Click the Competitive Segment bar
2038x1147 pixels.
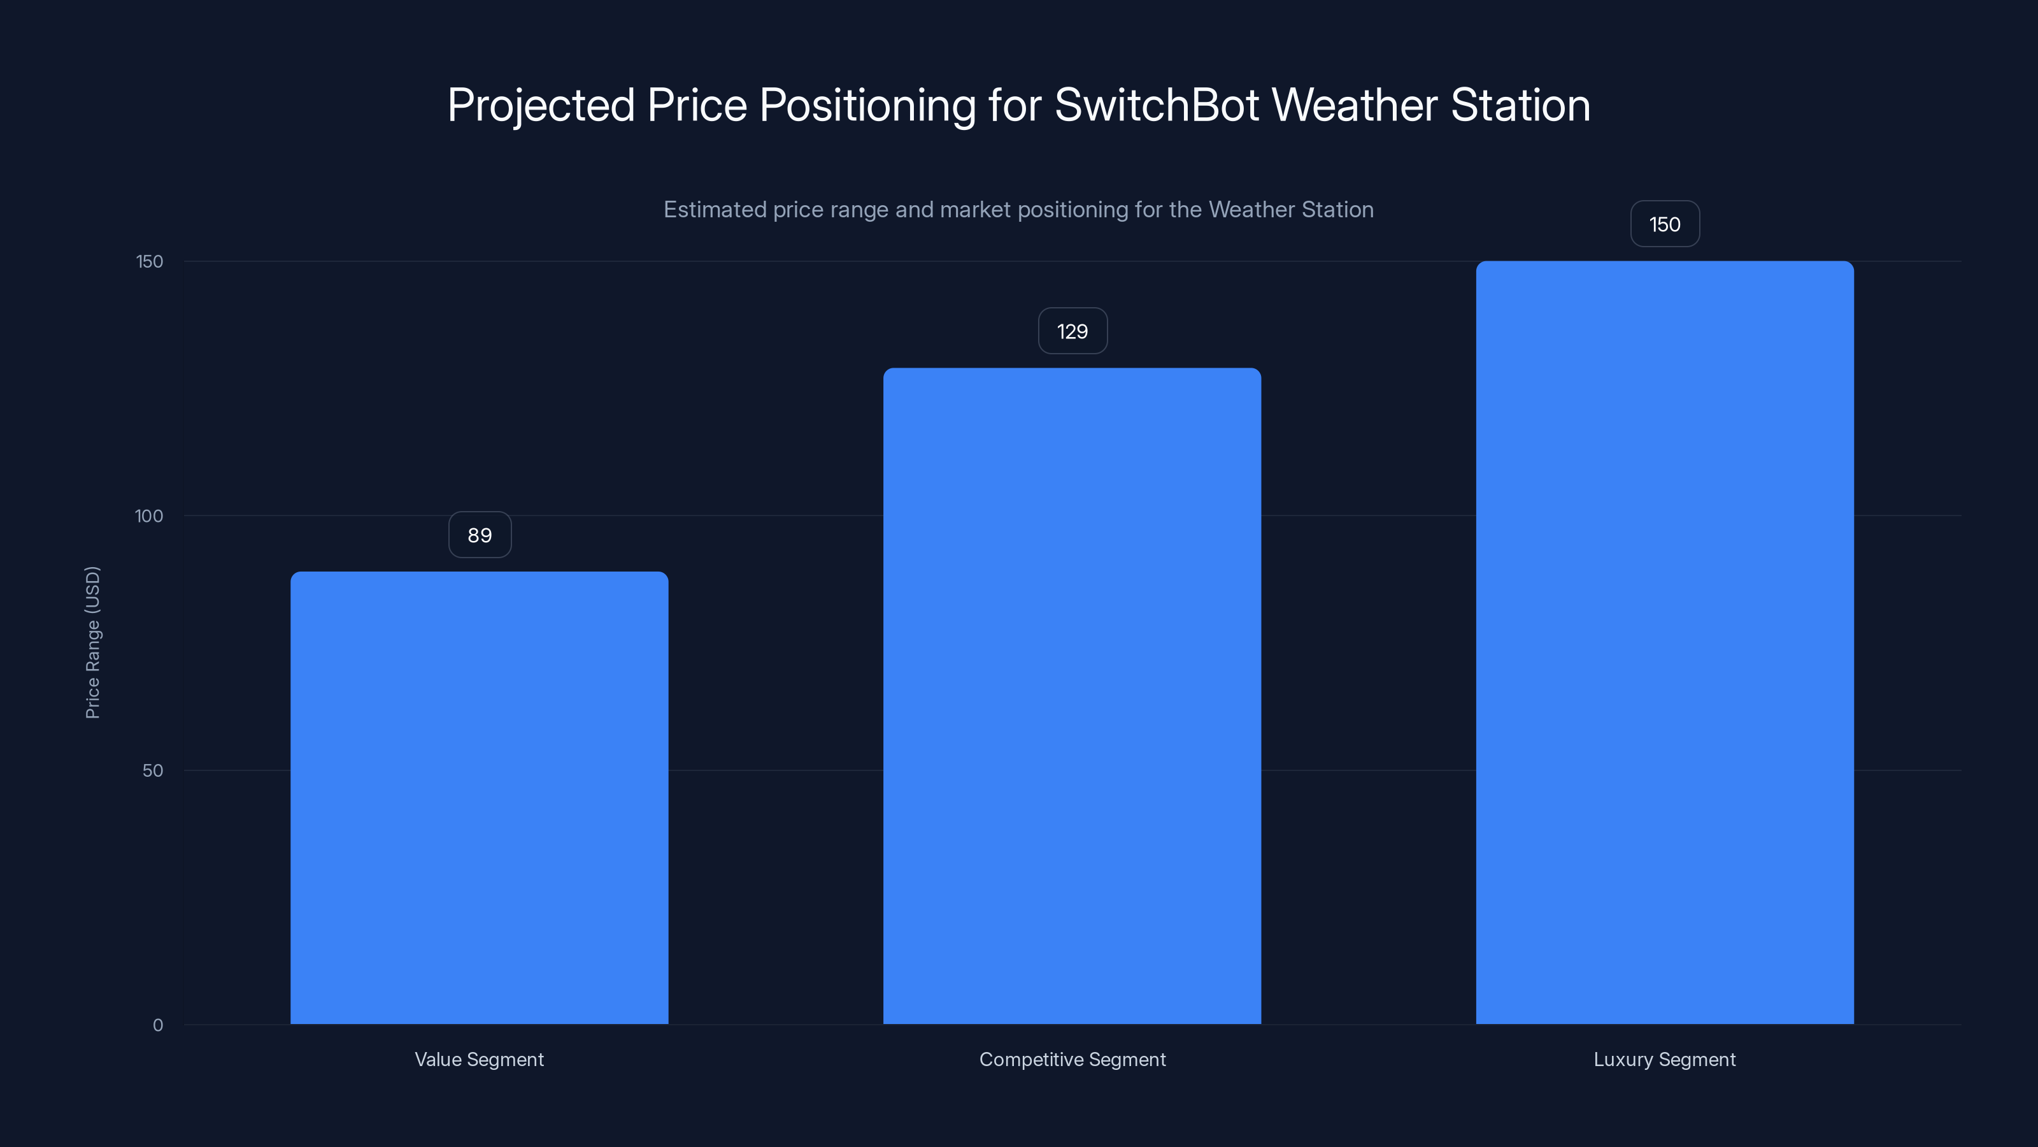coord(1072,696)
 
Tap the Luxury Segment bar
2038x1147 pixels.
coord(1665,642)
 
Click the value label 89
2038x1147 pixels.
coord(480,535)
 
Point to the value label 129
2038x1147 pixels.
coord(1072,331)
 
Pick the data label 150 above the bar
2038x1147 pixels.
coord(1665,224)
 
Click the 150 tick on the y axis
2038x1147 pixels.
coord(150,261)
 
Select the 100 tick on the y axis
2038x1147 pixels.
coord(149,516)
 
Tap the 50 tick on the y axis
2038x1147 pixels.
coord(153,770)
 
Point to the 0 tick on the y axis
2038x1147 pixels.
coord(157,1025)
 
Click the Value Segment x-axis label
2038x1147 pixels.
coord(479,1059)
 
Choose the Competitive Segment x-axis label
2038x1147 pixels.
coord(1072,1059)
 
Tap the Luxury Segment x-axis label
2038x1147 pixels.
coord(1665,1059)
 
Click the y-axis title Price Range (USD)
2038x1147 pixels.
coord(92,642)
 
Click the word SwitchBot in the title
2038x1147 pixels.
coord(1157,105)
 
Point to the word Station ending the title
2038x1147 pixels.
coord(1521,105)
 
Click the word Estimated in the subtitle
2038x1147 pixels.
coord(715,210)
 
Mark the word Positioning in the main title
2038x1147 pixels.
coord(867,106)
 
